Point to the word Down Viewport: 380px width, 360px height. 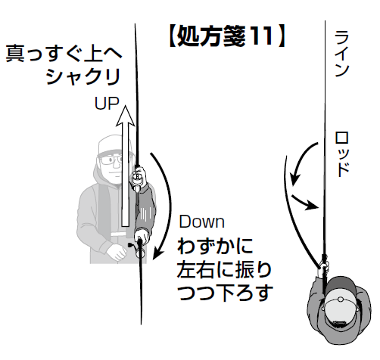[x=202, y=222]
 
